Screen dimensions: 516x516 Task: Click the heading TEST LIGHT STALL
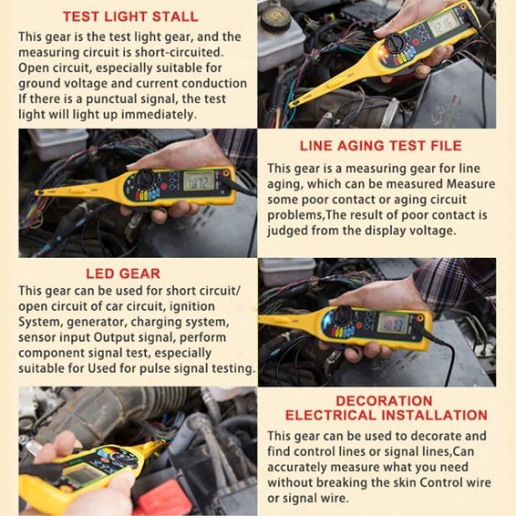(130, 16)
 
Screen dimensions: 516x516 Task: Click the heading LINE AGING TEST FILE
(380, 145)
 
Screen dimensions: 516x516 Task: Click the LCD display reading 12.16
(444, 25)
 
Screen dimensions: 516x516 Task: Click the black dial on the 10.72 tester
(145, 179)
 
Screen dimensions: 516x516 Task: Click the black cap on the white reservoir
(274, 18)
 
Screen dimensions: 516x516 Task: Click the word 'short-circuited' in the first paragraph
(176, 52)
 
